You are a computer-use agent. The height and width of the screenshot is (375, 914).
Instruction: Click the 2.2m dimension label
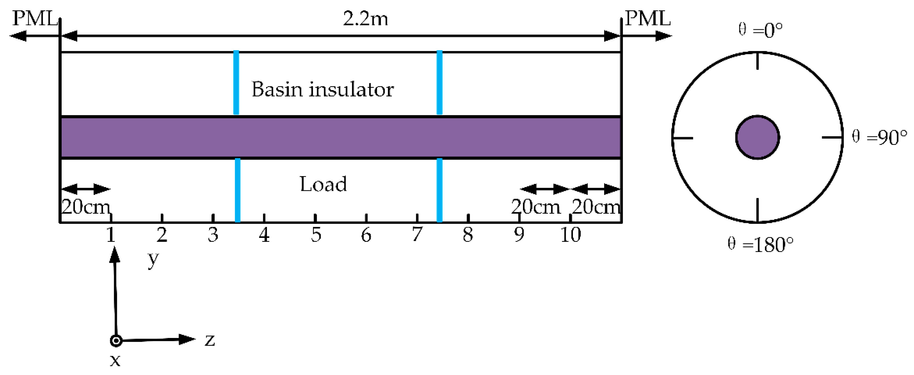point(365,18)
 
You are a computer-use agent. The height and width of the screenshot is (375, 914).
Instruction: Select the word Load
point(323,184)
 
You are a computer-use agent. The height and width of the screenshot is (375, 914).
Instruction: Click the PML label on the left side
point(35,18)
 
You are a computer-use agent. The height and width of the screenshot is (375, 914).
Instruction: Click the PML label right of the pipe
point(647,18)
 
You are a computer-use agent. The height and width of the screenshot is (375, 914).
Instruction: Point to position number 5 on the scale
point(316,235)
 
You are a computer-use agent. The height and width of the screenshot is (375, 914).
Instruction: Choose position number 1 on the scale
point(111,235)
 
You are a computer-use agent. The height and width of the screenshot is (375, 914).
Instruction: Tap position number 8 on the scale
point(468,235)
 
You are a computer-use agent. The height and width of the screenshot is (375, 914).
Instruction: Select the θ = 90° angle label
point(879,137)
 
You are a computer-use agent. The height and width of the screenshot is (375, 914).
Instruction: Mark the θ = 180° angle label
point(760,244)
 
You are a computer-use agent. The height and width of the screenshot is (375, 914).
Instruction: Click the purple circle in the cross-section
point(758,137)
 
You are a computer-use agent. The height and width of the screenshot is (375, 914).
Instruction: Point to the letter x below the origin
point(115,360)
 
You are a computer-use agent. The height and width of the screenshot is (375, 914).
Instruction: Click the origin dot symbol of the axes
point(116,341)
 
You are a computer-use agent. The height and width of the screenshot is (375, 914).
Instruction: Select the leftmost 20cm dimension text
point(85,206)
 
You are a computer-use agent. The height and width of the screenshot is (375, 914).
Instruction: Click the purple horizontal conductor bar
point(340,137)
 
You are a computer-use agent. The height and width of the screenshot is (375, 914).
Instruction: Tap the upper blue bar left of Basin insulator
point(236,83)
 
